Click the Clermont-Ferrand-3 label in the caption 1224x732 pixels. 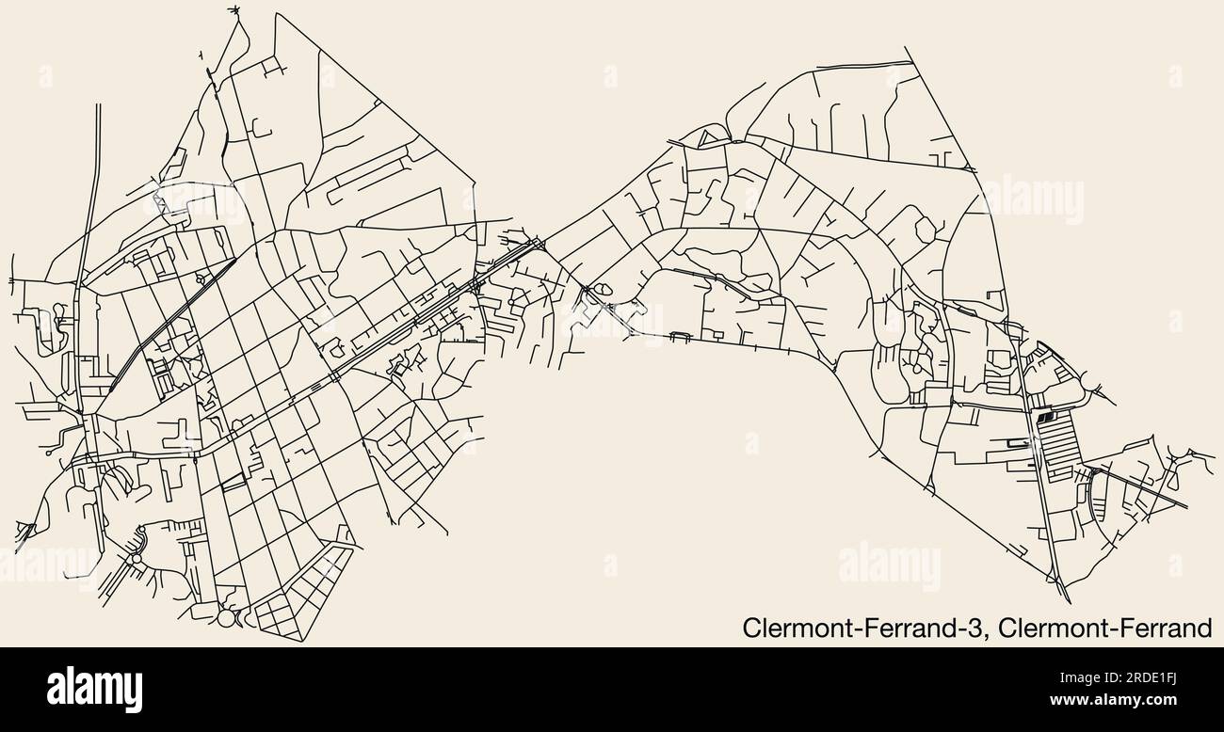[864, 628]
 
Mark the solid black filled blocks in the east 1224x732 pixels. [1046, 417]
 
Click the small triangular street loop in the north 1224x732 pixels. [708, 138]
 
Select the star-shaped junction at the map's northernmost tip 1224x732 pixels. [235, 11]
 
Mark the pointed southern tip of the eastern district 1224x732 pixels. [1065, 598]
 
